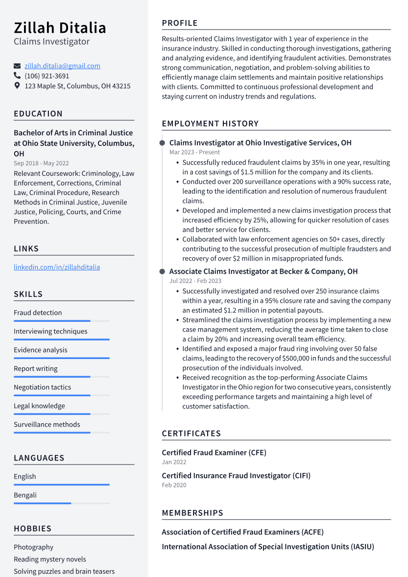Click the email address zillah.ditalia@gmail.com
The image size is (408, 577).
[62, 66]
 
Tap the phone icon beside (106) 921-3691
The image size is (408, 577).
[17, 76]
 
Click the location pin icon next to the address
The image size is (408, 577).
[17, 86]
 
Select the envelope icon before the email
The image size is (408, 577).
[17, 66]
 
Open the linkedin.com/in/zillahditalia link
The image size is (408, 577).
[57, 267]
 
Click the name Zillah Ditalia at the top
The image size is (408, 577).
[60, 27]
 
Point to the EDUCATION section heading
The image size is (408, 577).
[38, 114]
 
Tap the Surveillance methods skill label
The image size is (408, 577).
[47, 424]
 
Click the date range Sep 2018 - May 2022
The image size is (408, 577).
[41, 163]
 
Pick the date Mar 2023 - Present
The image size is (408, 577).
[194, 152]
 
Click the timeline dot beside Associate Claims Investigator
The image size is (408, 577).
[162, 271]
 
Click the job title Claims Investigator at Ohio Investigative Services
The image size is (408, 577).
[260, 143]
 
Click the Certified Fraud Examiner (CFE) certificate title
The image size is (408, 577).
[214, 453]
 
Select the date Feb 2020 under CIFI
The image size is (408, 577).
[174, 485]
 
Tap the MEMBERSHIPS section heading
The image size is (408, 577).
[192, 513]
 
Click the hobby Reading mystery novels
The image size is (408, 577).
[49, 559]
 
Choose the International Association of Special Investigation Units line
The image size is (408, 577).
[268, 547]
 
